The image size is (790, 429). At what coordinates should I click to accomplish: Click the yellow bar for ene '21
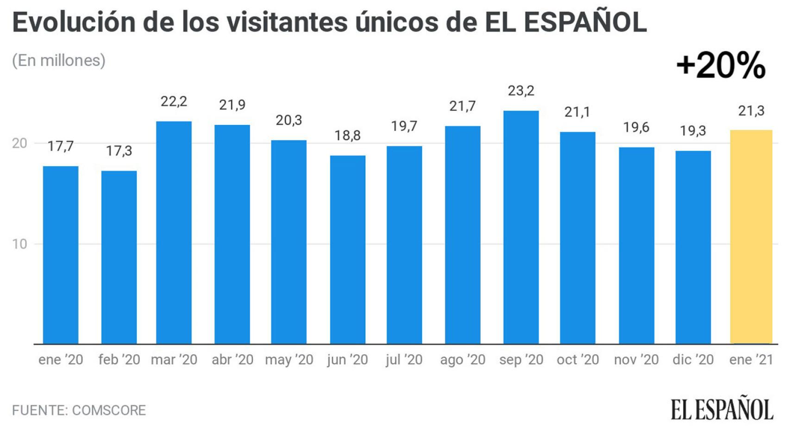[x=751, y=237]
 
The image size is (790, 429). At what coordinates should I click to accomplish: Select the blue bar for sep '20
[x=521, y=227]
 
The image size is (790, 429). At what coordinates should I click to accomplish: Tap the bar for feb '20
[x=119, y=257]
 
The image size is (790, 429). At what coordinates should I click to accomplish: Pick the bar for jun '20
[x=348, y=250]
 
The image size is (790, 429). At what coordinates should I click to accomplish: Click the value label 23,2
[x=521, y=91]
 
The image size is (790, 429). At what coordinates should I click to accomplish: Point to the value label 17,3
[x=119, y=151]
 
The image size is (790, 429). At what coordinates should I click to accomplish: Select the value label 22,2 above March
[x=174, y=101]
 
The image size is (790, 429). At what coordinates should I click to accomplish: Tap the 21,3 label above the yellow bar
[x=751, y=111]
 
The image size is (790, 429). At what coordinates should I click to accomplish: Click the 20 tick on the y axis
[x=19, y=144]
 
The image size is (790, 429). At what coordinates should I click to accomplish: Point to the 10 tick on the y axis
[x=19, y=244]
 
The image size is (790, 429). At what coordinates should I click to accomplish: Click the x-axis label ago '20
[x=463, y=360]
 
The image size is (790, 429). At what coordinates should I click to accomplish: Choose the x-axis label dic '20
[x=693, y=360]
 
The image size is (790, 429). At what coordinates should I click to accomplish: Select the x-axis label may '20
[x=289, y=360]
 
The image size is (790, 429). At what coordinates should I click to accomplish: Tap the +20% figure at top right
[x=721, y=65]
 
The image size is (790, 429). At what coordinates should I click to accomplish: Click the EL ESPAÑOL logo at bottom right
[x=722, y=409]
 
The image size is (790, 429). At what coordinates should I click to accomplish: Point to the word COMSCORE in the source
[x=109, y=410]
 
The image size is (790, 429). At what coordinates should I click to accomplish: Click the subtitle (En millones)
[x=59, y=60]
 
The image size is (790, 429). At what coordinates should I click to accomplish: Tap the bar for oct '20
[x=577, y=238]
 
